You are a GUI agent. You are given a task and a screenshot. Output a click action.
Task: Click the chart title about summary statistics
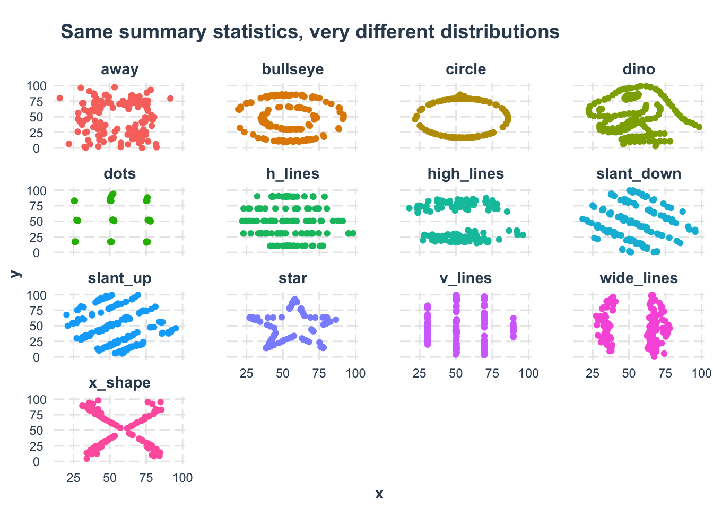click(310, 32)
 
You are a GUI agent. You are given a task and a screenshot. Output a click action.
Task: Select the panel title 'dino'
click(639, 69)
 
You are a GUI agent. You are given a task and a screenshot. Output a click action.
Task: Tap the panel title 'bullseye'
click(293, 69)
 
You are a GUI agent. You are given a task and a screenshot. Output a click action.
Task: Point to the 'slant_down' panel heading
click(639, 174)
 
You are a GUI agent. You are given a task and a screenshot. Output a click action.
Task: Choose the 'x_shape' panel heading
click(120, 383)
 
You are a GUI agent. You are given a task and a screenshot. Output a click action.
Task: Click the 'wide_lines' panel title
click(639, 278)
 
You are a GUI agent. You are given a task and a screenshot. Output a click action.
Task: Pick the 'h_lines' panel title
click(293, 174)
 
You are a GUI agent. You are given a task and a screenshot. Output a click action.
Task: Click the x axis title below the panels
click(379, 494)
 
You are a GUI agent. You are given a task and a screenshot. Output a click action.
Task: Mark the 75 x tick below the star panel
click(319, 373)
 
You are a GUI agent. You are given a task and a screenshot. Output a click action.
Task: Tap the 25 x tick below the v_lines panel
click(420, 373)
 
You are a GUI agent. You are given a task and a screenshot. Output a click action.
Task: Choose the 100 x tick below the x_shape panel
click(182, 478)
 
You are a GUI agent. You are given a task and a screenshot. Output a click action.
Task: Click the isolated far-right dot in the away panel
click(170, 98)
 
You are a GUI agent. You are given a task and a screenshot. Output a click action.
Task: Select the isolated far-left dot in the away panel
click(59, 98)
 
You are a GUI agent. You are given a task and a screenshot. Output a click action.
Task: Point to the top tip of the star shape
click(295, 300)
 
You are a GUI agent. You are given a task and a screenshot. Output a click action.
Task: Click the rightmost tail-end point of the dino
click(699, 127)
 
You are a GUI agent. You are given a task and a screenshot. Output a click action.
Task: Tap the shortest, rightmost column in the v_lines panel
click(513, 328)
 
